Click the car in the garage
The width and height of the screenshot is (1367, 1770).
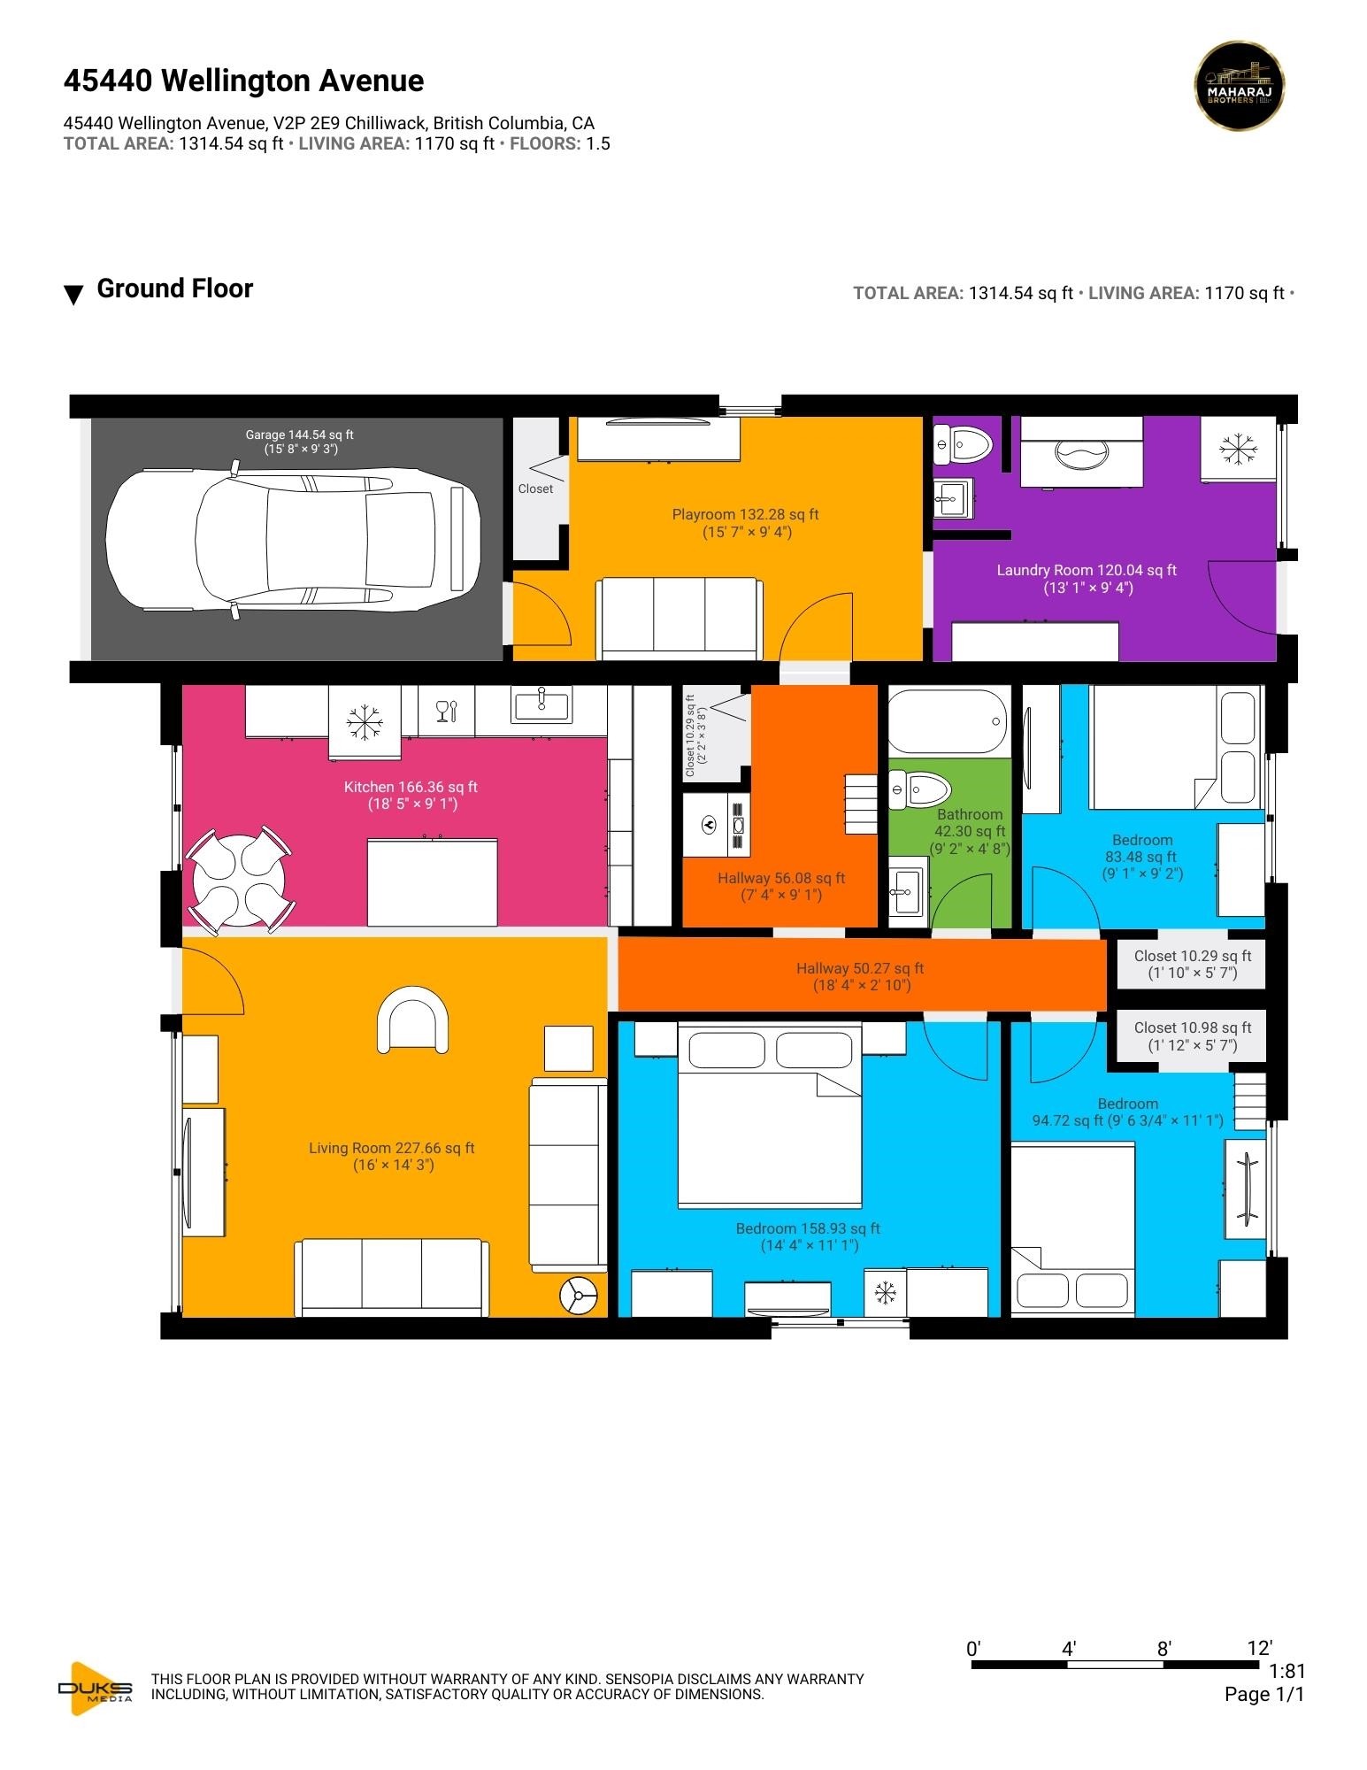coord(293,539)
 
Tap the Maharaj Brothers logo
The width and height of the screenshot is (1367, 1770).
coord(1239,86)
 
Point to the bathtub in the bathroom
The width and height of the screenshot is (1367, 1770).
coord(948,721)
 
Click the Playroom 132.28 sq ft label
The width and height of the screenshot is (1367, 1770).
coord(746,514)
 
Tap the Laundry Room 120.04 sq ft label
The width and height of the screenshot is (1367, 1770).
coord(1087,571)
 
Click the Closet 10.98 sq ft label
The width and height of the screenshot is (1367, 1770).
coord(1193,1027)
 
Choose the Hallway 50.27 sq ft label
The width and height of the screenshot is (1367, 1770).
coord(860,968)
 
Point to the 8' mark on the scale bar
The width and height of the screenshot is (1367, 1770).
coord(1164,1648)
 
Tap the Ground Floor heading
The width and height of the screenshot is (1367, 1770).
coord(174,289)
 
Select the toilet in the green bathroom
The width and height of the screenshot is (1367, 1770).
coord(919,789)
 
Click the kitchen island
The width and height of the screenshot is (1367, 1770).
coord(432,882)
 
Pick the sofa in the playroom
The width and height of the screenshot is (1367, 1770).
coord(680,619)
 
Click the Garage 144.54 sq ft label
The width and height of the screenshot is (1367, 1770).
coord(300,435)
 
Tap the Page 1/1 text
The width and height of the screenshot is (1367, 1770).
coord(1264,1694)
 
